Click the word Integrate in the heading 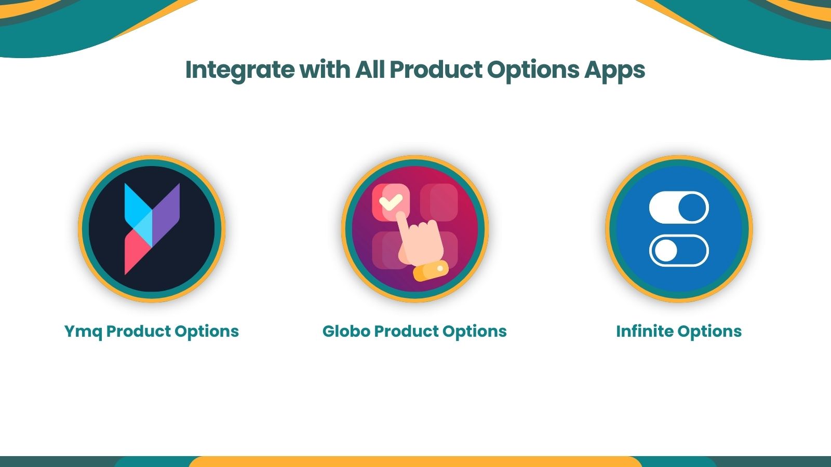[x=239, y=70]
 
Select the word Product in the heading [x=436, y=70]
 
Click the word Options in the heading [x=533, y=70]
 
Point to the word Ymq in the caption [x=83, y=332]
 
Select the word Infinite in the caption [x=645, y=332]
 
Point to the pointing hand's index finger [x=402, y=223]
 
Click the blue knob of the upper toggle [x=692, y=208]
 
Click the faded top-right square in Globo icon [x=439, y=202]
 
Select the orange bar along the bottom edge [x=415, y=462]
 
